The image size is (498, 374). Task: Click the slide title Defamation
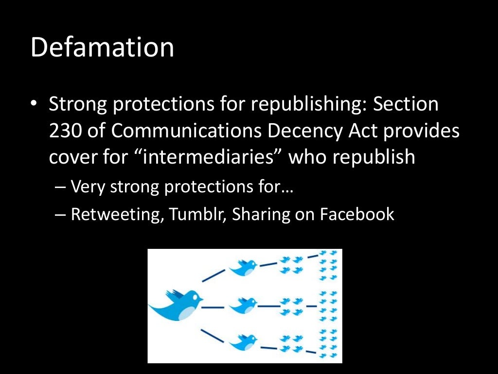point(102,48)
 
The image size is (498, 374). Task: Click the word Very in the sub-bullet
point(88,187)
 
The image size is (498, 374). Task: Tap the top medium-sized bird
point(243,266)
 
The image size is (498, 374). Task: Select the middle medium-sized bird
point(243,306)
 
